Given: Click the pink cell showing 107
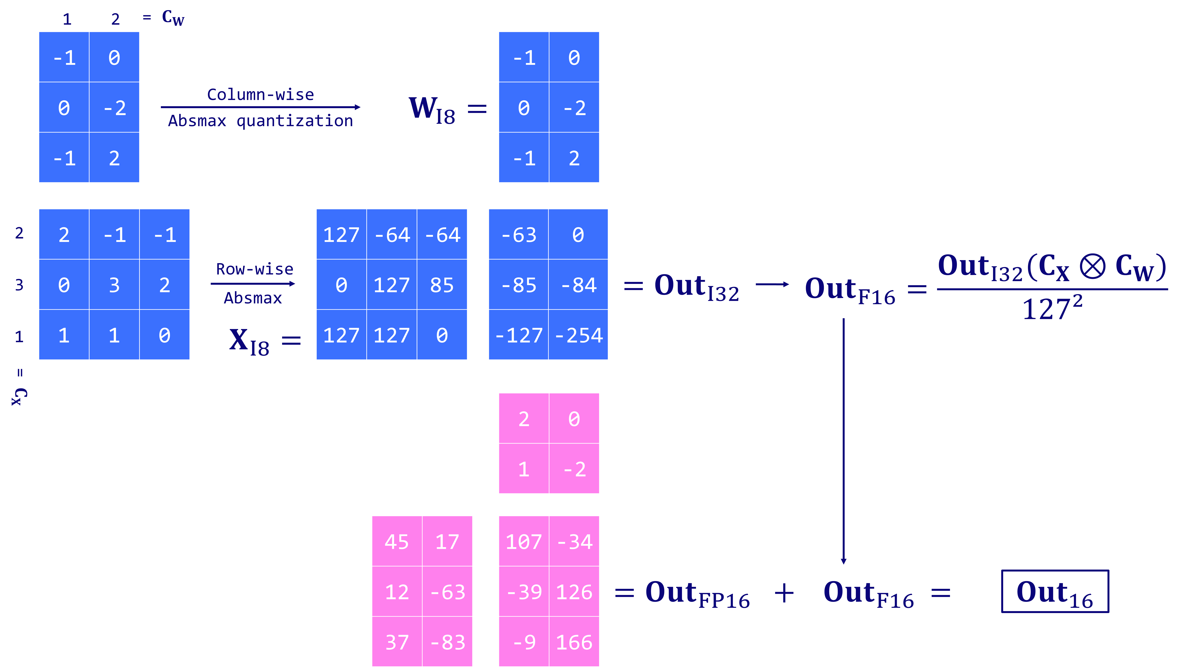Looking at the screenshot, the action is pos(524,541).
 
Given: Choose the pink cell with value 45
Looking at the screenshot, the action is pos(397,541).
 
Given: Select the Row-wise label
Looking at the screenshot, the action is pos(255,269).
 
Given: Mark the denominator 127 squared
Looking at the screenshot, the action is pos(1052,308).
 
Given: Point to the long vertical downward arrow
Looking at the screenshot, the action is pos(843,441).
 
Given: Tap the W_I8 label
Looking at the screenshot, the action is pos(432,109).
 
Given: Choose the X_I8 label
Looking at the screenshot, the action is pos(249,341).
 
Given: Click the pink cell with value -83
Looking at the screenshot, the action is pos(447,641).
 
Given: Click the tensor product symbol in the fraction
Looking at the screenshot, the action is pos(1092,267).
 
